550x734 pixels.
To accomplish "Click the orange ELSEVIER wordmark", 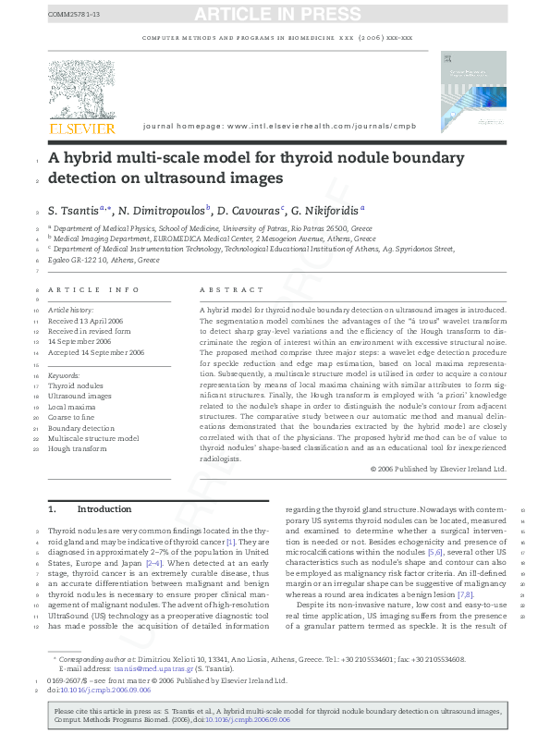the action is pyautogui.click(x=81, y=127).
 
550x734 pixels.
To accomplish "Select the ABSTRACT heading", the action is pyautogui.click(x=221, y=289).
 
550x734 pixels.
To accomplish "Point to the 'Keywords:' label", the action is pyautogui.click(x=64, y=376).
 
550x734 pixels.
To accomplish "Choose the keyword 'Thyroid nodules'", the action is pyautogui.click(x=76, y=386).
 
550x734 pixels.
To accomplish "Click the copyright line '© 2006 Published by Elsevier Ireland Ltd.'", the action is pyautogui.click(x=438, y=469).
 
